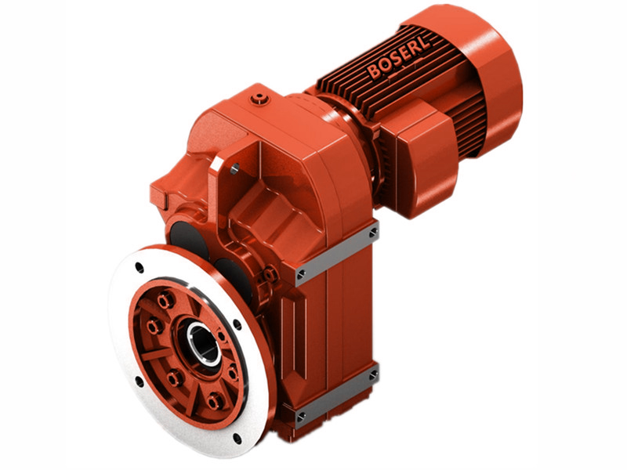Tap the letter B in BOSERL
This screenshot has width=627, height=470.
374,74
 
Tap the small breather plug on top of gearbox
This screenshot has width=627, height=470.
259,99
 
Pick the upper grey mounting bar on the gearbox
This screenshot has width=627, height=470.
336,252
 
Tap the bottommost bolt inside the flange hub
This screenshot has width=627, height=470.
215,403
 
